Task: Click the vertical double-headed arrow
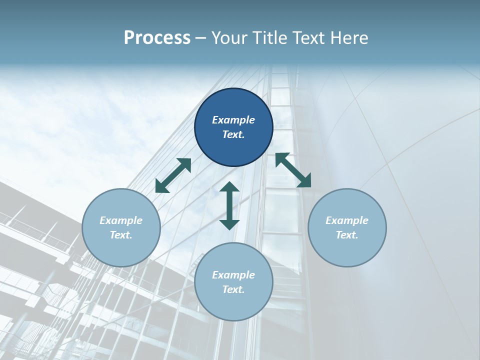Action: (x=229, y=205)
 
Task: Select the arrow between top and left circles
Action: (x=173, y=175)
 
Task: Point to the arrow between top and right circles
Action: (x=293, y=170)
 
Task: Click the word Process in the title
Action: (x=157, y=37)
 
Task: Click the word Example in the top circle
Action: (x=233, y=120)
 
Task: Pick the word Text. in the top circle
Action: (x=233, y=134)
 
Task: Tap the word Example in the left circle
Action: (x=121, y=220)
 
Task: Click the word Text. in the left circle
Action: (x=121, y=235)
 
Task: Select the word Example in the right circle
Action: (x=347, y=220)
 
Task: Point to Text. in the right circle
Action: (x=347, y=235)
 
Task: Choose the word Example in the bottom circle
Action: (x=233, y=275)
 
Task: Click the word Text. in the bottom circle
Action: (x=233, y=289)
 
